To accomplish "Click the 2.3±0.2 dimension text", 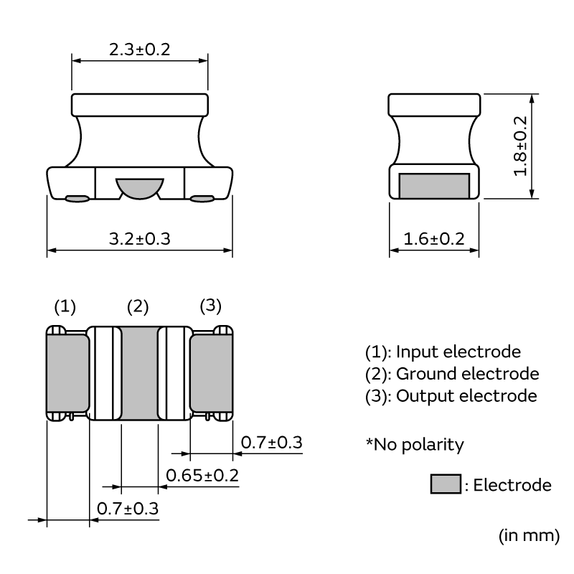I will [x=139, y=50].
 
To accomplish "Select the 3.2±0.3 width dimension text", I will [x=139, y=238].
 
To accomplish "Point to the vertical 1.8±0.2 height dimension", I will [x=520, y=146].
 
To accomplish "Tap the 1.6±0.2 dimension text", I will [x=434, y=238].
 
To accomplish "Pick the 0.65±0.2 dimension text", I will [x=202, y=475].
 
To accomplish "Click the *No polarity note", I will [x=415, y=445].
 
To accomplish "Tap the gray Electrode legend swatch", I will [x=445, y=485].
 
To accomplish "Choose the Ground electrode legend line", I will [x=467, y=374].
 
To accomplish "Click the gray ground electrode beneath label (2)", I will [x=138, y=373].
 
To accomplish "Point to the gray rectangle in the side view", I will [x=434, y=186].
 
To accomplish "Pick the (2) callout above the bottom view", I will [x=138, y=307].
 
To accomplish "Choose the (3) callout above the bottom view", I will [x=210, y=306].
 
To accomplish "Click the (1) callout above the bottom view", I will [x=65, y=307].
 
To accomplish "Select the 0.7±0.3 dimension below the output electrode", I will [x=270, y=443].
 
